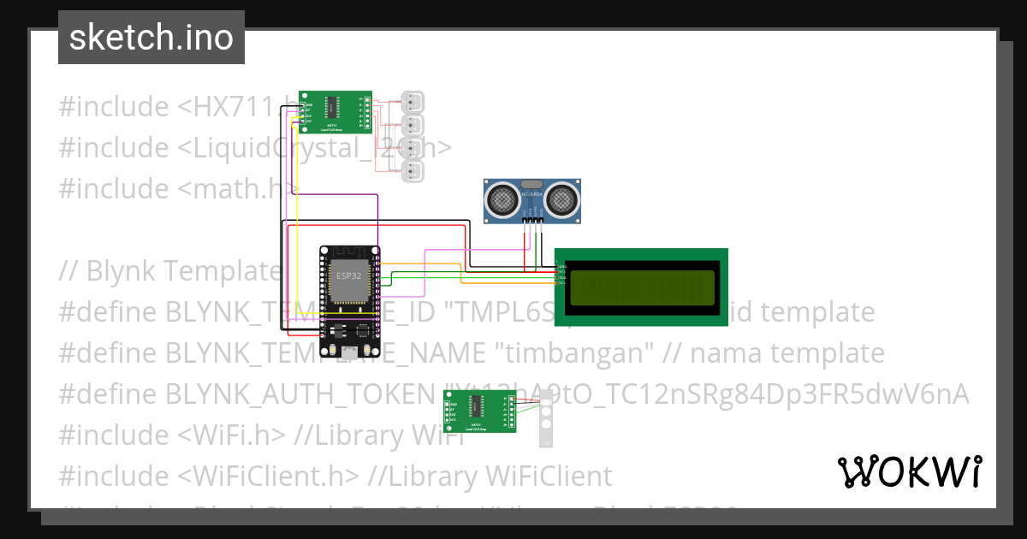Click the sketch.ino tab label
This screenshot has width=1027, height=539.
click(x=151, y=38)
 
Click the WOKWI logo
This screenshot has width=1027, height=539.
click(x=908, y=471)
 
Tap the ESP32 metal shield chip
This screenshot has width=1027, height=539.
click(x=348, y=281)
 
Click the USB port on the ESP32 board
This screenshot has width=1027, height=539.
click(x=350, y=351)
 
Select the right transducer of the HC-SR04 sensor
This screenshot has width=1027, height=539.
click(x=562, y=199)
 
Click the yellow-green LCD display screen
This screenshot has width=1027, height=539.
click(x=643, y=287)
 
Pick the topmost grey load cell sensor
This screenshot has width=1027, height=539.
click(x=413, y=104)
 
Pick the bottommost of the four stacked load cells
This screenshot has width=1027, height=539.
click(x=413, y=173)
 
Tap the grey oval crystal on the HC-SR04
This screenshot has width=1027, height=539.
click(x=531, y=183)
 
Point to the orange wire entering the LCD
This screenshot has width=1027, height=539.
click(x=513, y=281)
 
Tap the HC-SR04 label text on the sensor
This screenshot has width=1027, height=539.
click(x=531, y=195)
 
